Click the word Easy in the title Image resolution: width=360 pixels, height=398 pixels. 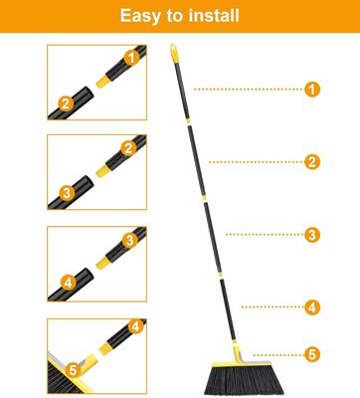tap(143, 17)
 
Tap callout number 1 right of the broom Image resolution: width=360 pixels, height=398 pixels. tap(312, 90)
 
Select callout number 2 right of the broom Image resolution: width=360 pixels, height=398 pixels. tap(312, 161)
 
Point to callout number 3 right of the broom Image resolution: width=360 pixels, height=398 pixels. tap(312, 235)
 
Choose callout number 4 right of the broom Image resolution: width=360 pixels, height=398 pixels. tap(312, 306)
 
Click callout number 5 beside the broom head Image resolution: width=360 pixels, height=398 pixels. tap(312, 353)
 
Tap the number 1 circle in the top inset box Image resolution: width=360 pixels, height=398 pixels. tap(129, 57)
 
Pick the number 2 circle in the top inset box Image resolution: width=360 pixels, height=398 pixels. tap(66, 101)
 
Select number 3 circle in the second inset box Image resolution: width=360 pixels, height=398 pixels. tap(66, 192)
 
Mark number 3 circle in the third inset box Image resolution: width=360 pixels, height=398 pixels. tap(129, 240)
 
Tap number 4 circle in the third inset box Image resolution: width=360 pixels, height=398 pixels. tap(66, 283)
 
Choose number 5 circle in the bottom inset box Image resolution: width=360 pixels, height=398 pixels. tap(69, 370)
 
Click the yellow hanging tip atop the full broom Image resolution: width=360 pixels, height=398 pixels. tap(173, 49)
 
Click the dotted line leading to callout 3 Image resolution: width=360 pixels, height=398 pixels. tap(263, 235)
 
